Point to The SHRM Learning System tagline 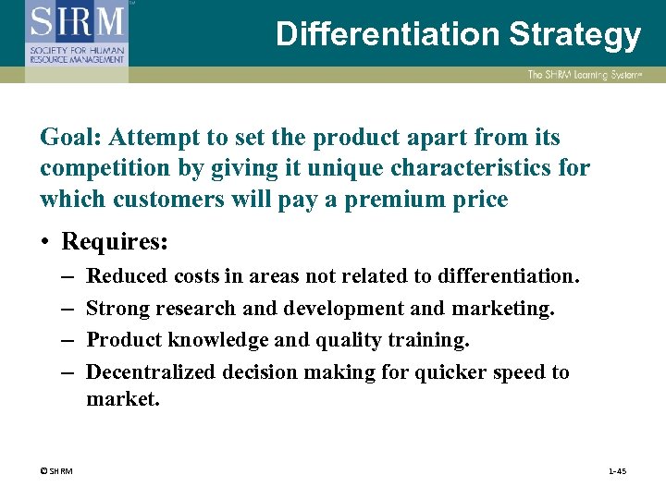pos(584,75)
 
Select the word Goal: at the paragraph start pos(70,138)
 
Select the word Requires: pos(115,242)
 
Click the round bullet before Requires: pos(45,243)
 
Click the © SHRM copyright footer pos(56,471)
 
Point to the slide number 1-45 pos(617,471)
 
